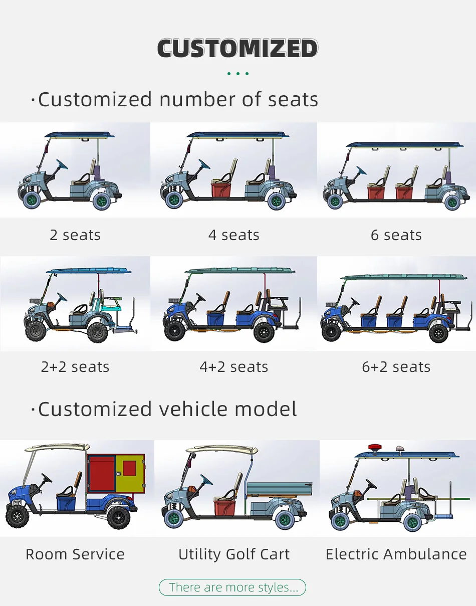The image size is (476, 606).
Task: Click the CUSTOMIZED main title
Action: pos(237,49)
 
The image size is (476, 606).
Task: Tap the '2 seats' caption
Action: pos(75,235)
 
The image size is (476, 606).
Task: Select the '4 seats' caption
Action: pos(234,235)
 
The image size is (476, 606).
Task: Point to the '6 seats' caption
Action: pos(396,235)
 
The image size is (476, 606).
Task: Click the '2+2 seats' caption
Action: pos(75,367)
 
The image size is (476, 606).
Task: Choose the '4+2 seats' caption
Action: pos(234,367)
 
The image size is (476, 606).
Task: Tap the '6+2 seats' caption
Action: pos(396,367)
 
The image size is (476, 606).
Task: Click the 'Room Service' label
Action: pos(75,554)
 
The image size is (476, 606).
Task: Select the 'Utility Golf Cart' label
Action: pos(234,554)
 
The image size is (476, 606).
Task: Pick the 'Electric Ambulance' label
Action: pos(396,554)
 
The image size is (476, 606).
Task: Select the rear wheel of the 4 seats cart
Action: pos(276,201)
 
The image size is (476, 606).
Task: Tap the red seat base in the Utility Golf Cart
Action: pos(225,507)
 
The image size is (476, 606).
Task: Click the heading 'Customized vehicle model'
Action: pos(167,410)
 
